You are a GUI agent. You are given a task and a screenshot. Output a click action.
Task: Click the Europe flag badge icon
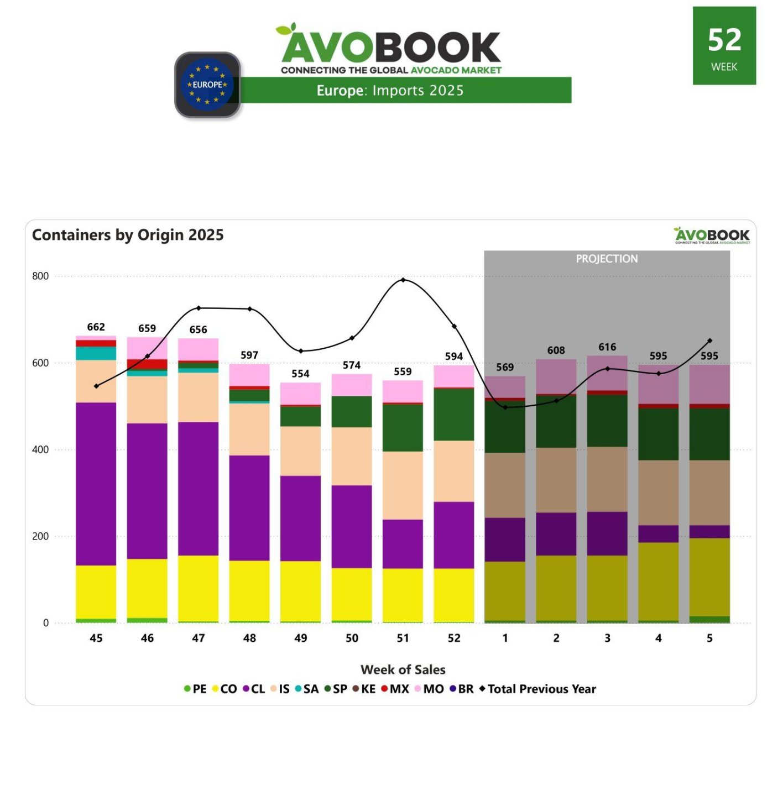(207, 85)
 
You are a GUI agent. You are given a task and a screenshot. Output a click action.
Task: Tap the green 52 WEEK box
(724, 46)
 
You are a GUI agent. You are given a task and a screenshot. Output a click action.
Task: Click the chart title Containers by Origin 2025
(128, 235)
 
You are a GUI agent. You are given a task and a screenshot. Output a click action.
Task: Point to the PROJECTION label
(607, 259)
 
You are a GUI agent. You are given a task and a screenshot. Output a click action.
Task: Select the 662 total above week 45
(96, 327)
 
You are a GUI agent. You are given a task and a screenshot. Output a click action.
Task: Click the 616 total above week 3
(607, 347)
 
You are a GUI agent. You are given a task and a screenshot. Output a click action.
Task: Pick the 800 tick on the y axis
(40, 276)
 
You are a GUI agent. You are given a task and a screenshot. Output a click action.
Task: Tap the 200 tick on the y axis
(40, 536)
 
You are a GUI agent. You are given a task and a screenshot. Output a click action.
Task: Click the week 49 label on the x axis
(300, 638)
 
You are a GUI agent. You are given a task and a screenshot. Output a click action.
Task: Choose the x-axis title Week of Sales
(403, 669)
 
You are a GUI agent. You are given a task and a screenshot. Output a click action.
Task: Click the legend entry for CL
(254, 689)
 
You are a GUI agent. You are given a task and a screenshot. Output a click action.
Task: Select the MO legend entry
(429, 689)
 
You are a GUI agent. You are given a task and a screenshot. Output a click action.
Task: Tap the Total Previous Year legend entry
(537, 689)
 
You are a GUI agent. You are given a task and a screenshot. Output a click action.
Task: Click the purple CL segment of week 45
(96, 484)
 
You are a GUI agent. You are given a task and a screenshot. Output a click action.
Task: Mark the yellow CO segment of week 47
(198, 588)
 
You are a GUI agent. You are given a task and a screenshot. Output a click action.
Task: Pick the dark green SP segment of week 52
(453, 415)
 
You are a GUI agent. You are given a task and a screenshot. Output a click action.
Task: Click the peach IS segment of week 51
(403, 485)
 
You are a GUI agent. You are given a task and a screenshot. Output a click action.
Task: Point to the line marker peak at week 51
(403, 280)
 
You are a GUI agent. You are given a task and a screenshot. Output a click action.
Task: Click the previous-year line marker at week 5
(709, 341)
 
